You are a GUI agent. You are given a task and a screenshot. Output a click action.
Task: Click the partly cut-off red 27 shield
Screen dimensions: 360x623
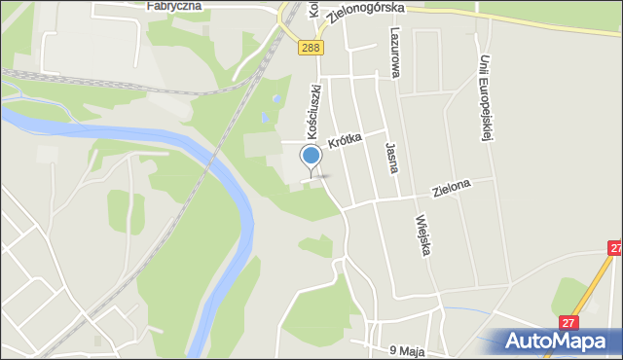[616, 249]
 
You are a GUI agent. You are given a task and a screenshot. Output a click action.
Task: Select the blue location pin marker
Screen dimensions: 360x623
[311, 158]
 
